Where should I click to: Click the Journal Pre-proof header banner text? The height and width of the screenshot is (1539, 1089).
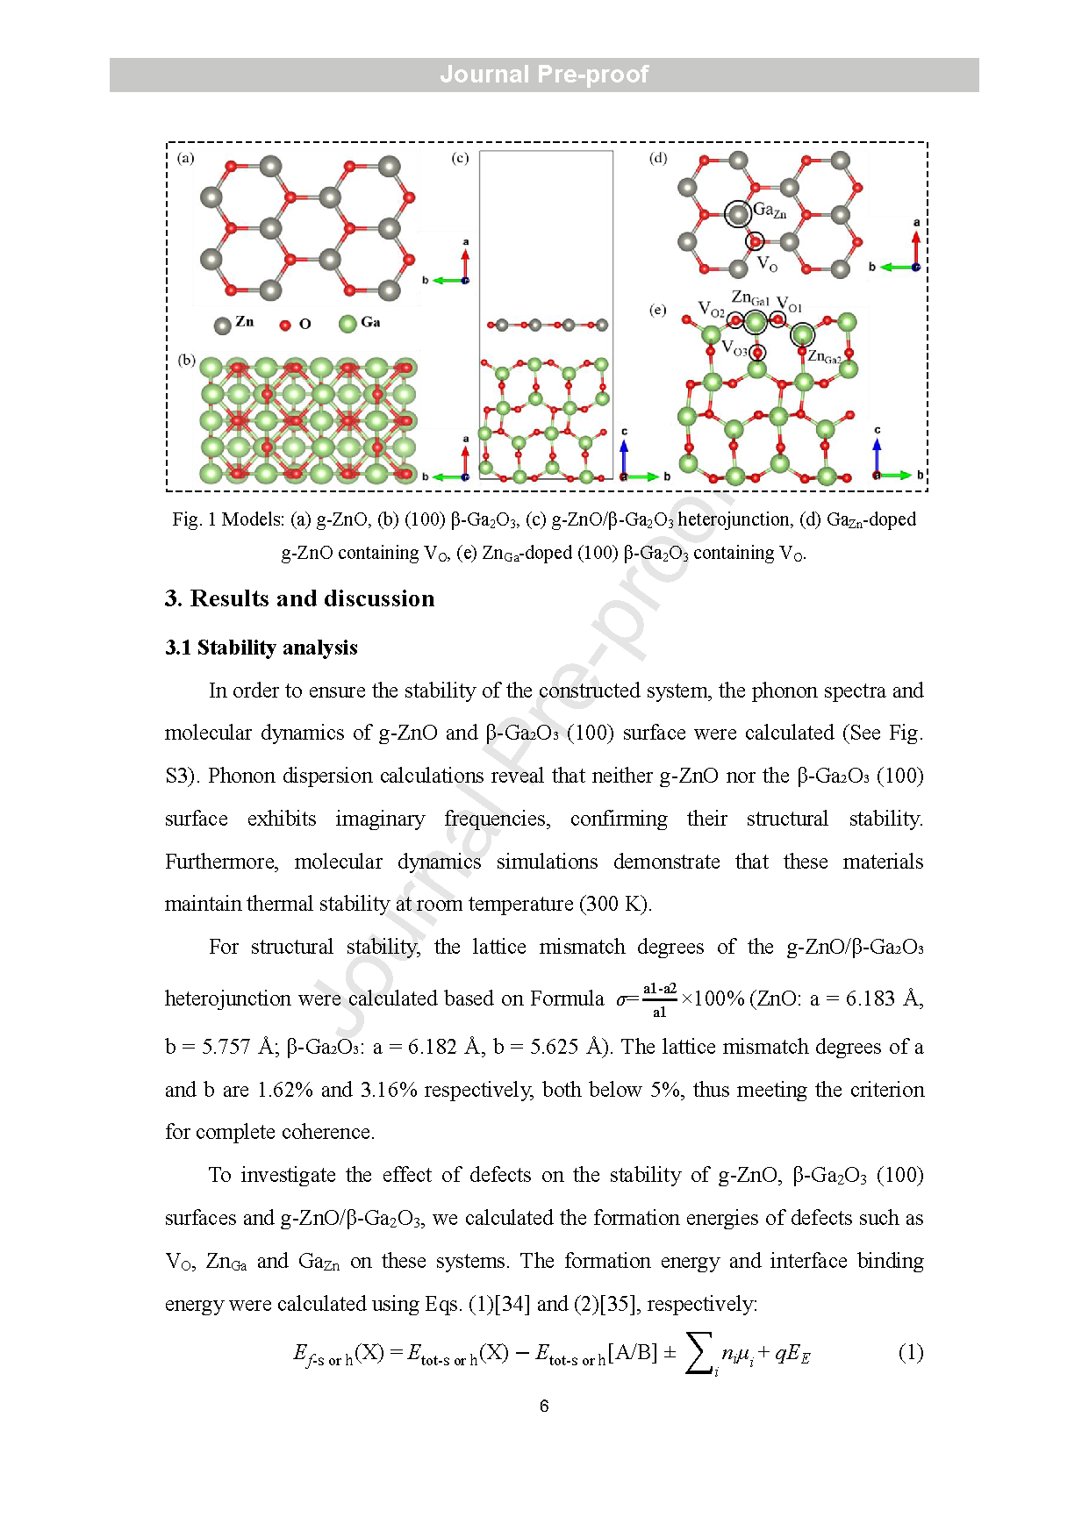544,75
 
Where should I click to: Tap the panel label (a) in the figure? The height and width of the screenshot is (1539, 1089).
186,158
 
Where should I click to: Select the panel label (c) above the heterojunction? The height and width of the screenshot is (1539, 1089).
460,158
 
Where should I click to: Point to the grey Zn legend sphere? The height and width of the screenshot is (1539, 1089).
223,325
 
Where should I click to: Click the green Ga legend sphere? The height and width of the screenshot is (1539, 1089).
347,324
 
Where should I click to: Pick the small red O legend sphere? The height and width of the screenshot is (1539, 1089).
285,325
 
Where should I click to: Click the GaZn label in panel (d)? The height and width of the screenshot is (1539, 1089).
770,211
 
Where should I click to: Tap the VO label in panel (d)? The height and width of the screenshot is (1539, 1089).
767,263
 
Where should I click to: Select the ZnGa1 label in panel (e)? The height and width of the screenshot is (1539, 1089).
750,299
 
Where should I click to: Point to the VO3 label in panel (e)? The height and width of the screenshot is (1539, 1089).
734,348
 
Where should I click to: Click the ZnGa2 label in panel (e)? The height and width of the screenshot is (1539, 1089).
825,356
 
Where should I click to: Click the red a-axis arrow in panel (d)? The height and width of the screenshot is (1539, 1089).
916,246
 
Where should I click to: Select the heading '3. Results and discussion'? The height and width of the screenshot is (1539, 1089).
299,598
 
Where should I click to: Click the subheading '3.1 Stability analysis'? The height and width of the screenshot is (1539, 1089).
262,648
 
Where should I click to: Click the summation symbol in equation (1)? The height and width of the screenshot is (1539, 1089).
699,1353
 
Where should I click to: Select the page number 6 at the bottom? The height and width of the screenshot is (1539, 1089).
544,1406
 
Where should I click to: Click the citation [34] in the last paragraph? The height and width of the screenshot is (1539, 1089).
512,1304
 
